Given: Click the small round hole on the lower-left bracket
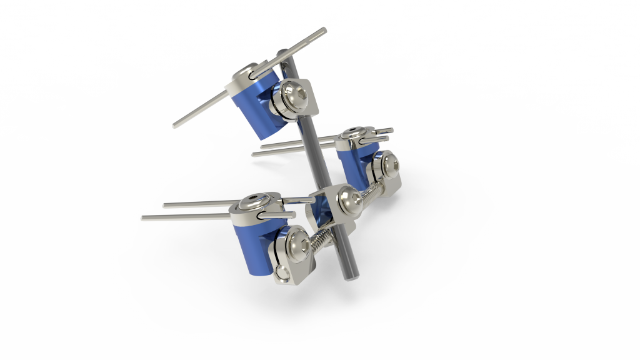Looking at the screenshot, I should coord(282,271).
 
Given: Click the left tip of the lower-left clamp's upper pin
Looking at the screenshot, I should coord(165,204).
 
